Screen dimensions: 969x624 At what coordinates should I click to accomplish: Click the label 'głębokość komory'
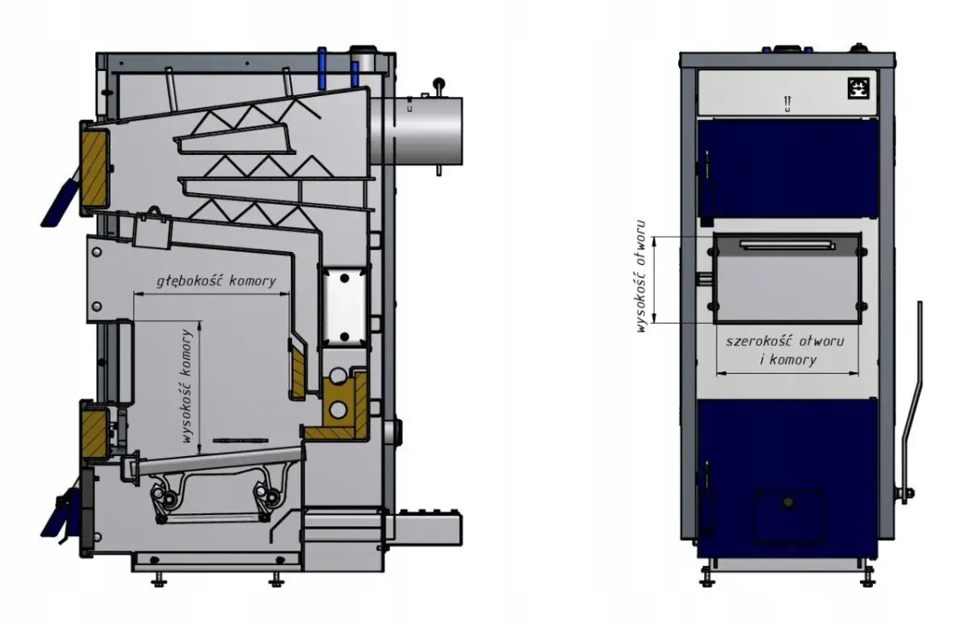tap(216, 282)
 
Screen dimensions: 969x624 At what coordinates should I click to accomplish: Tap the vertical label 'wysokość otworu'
tap(641, 276)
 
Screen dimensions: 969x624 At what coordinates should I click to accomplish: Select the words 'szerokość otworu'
tap(785, 341)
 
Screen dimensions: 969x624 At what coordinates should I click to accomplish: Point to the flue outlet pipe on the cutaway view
tap(417, 131)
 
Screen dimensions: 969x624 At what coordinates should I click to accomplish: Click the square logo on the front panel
tap(858, 88)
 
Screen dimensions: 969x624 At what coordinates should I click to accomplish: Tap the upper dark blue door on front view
tap(787, 168)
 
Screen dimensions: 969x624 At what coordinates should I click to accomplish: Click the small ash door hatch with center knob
tap(788, 515)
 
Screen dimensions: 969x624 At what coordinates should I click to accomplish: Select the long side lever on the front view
tap(912, 402)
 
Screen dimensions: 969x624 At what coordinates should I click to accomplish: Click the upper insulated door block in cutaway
tap(94, 168)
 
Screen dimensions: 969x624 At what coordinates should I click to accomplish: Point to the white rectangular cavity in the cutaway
tap(344, 307)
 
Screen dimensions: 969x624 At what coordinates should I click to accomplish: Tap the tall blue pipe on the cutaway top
tap(322, 69)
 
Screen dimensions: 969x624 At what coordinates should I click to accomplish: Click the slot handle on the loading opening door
tap(787, 245)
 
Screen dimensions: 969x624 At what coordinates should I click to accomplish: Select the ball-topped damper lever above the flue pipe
tap(438, 88)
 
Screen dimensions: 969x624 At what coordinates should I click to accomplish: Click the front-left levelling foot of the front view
tap(707, 578)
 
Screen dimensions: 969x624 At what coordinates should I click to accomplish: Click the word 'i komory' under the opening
tap(788, 360)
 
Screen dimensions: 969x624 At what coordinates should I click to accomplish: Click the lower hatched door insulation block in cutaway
tap(94, 433)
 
